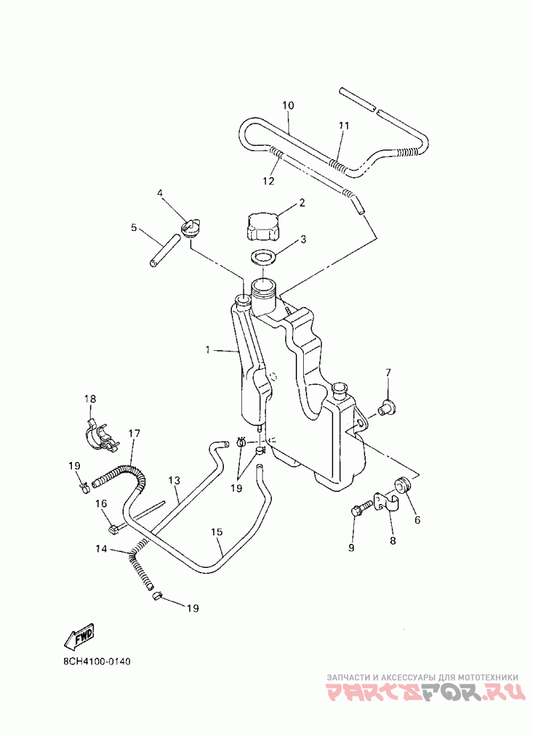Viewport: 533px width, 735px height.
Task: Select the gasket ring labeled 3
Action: tap(265, 257)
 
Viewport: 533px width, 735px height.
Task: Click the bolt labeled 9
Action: tap(358, 513)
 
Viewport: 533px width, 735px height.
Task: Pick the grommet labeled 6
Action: tap(403, 484)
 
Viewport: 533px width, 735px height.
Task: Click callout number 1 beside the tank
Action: tap(208, 349)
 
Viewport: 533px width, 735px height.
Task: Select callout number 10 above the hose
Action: tap(288, 105)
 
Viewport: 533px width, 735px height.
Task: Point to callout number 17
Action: tap(135, 433)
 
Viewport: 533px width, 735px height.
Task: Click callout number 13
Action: tap(175, 480)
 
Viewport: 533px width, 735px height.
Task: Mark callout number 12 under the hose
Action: tap(268, 180)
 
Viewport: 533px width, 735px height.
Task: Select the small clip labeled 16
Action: tap(113, 529)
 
